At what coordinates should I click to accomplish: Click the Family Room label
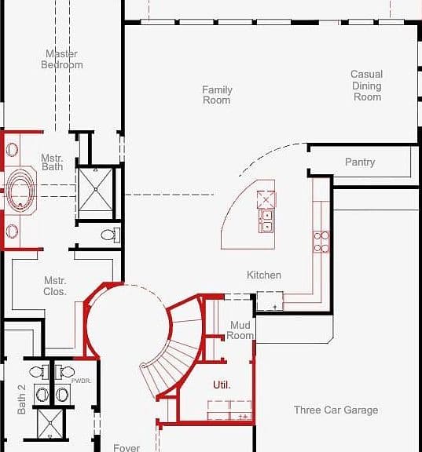[x=217, y=95]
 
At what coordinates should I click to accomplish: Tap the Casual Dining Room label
[x=367, y=86]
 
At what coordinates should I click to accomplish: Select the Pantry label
[x=360, y=162]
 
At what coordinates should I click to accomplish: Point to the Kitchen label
[x=264, y=275]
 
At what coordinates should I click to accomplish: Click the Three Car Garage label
[x=336, y=410]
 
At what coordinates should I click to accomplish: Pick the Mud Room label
[x=240, y=330]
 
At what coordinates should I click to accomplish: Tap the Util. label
[x=222, y=385]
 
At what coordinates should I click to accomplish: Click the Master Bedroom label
[x=62, y=59]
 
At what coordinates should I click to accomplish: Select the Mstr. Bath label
[x=52, y=162]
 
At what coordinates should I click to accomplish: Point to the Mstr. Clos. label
[x=55, y=286]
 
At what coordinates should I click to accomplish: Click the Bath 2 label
[x=22, y=399]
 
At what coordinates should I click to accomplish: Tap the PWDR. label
[x=81, y=381]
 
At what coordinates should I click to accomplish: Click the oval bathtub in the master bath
[x=20, y=190]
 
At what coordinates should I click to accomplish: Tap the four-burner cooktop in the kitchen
[x=321, y=242]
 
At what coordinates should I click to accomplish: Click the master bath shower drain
[x=96, y=189]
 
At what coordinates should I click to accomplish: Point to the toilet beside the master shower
[x=111, y=235]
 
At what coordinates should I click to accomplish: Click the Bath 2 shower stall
[x=50, y=423]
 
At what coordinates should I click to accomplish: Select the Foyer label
[x=127, y=447]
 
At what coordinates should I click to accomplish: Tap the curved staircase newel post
[x=144, y=366]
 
